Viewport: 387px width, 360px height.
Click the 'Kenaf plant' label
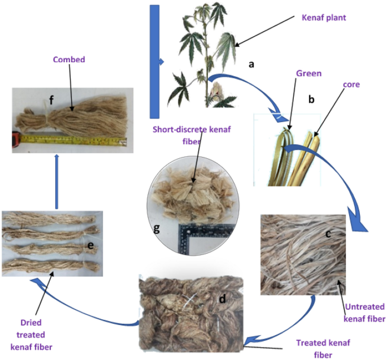(x=324, y=18)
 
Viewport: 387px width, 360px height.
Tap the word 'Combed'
(x=69, y=59)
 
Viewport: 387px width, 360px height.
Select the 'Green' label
(x=309, y=73)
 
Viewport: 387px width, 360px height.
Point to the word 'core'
(x=351, y=84)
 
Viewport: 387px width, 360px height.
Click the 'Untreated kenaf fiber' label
(x=364, y=313)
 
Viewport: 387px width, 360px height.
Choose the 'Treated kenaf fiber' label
(x=323, y=349)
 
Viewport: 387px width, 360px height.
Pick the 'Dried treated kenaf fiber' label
(x=31, y=335)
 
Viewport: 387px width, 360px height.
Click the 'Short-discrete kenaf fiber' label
(x=192, y=135)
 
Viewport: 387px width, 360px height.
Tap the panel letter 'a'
(x=251, y=64)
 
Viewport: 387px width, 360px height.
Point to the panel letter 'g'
(x=156, y=229)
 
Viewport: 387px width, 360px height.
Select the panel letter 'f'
(x=51, y=100)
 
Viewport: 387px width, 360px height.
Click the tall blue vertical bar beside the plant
(x=154, y=62)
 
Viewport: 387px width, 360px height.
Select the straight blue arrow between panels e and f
(x=56, y=181)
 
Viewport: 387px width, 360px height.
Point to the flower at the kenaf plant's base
(x=217, y=92)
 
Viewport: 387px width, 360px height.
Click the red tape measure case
(x=16, y=140)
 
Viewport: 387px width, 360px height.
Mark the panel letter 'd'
(x=223, y=299)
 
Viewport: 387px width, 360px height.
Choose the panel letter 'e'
(x=90, y=246)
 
